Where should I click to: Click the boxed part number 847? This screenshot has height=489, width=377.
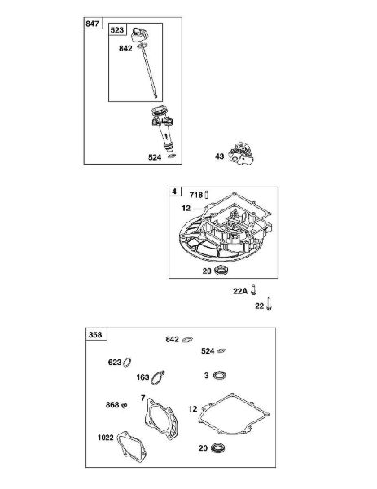coord(92,24)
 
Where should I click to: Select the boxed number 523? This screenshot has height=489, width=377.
coord(116,30)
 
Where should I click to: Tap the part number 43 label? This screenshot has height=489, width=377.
coord(219,156)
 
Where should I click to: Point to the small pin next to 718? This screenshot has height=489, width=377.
coord(206,195)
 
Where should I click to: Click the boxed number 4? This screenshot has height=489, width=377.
coord(174,192)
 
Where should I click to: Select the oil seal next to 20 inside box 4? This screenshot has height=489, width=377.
coord(221,270)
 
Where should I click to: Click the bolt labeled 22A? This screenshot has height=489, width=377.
coord(253,290)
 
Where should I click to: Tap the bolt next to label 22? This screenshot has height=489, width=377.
coord(269,303)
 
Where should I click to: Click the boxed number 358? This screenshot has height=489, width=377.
coord(95,335)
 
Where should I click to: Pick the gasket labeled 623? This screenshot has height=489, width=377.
coord(127,362)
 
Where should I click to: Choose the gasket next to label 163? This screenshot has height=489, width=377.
coord(157,377)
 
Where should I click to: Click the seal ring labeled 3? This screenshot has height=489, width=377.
coord(219,375)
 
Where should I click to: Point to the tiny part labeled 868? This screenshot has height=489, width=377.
coord(124,405)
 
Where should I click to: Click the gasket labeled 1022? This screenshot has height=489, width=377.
coord(131,446)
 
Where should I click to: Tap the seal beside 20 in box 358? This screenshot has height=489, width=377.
coord(217,447)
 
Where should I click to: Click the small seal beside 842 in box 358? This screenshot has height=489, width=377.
coord(187,339)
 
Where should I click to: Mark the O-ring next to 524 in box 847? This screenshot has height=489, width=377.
coord(172,156)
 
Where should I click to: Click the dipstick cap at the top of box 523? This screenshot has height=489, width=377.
coord(139,34)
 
